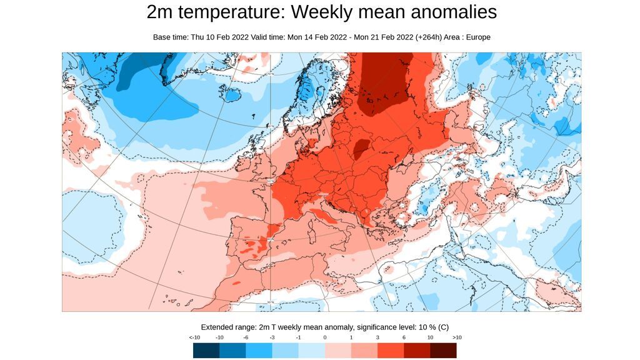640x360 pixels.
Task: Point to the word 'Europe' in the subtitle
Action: [477, 37]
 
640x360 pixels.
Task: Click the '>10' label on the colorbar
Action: [456, 337]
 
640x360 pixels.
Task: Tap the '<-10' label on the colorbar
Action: [194, 337]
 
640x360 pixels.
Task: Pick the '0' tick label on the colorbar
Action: [325, 337]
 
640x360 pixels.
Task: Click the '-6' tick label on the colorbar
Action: [246, 337]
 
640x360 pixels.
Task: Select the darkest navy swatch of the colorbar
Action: [206, 350]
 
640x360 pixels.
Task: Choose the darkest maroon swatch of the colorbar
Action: [443, 350]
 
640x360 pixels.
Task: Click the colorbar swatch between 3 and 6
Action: [391, 350]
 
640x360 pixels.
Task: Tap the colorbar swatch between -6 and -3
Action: [259, 350]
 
